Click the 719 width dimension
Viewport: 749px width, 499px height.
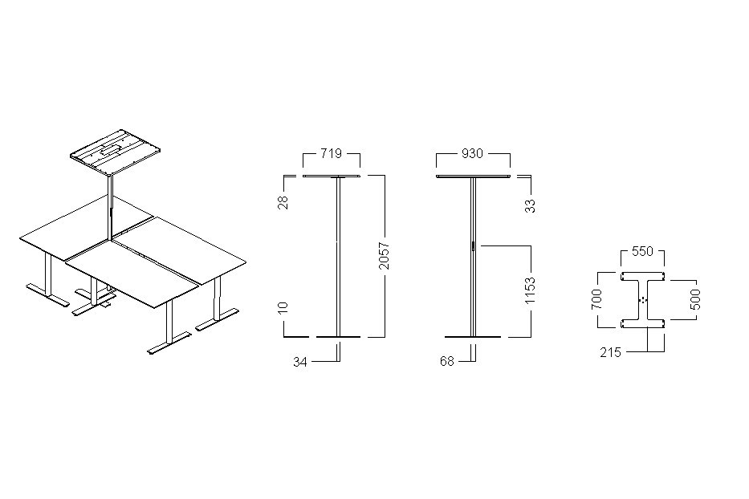[x=331, y=153]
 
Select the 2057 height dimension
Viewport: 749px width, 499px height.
[x=385, y=256]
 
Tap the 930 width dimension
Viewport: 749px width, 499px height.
[x=472, y=153]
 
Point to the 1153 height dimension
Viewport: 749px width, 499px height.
[x=530, y=290]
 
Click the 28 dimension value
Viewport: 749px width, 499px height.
[x=283, y=202]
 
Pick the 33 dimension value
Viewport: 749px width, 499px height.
[x=530, y=206]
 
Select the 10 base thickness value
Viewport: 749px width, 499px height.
[x=283, y=307]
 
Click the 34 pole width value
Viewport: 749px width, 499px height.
[x=300, y=362]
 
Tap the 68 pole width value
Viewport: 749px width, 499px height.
[x=447, y=362]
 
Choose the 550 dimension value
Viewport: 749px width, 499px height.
[x=642, y=251]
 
